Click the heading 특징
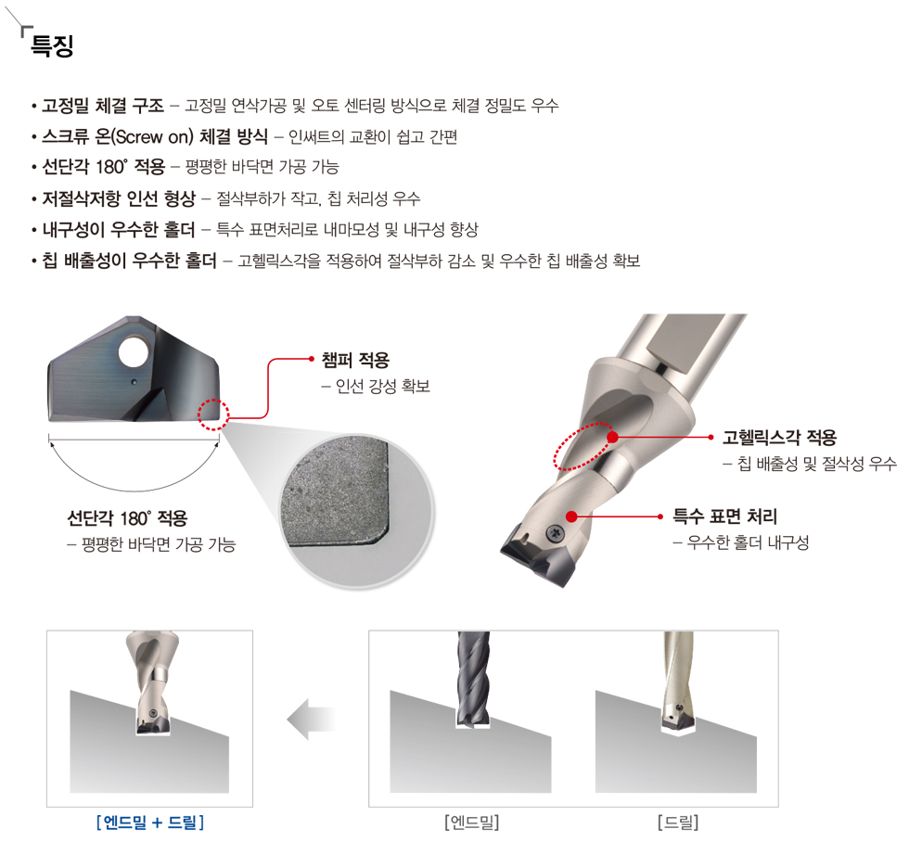[52, 45]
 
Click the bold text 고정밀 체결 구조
[103, 106]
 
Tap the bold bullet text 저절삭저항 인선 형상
[119, 198]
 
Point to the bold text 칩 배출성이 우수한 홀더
[129, 261]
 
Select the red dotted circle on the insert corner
[213, 414]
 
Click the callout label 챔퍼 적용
[355, 360]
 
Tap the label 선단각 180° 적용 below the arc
[127, 517]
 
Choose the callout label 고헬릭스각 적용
[779, 437]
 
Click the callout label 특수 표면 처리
[724, 516]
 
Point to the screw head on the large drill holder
[556, 532]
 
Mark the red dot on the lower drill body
[571, 516]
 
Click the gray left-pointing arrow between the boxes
[312, 720]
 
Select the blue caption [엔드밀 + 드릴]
[150, 822]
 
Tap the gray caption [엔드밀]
[472, 822]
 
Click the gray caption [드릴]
[678, 822]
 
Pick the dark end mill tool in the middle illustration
[473, 678]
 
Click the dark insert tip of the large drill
[536, 555]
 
